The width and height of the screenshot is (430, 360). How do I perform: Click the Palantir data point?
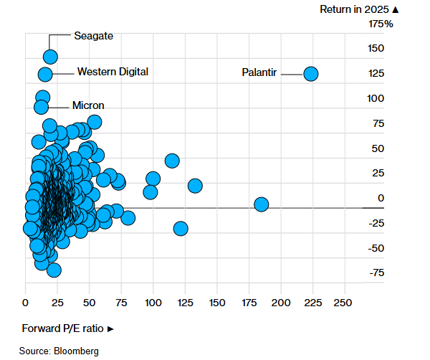coord(311,73)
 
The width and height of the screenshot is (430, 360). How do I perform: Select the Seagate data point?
coord(51,57)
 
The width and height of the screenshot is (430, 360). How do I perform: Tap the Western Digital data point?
coord(45,74)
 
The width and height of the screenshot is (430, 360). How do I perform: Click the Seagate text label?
coord(94,35)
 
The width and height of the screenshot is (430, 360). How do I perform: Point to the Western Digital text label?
coord(113,72)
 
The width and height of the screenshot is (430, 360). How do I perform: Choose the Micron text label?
coord(88,105)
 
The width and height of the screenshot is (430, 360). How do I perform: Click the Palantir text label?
coord(260,72)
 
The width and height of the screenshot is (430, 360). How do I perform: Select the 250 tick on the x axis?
coord(344,302)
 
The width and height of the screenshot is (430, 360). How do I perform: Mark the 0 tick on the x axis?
coord(26,302)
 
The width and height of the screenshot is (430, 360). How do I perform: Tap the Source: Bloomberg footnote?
coord(59,351)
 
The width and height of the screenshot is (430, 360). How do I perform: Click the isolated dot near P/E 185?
coord(262,204)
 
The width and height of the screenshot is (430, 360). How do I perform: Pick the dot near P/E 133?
coord(195,186)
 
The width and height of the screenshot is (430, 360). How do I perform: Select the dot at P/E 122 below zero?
coord(181,229)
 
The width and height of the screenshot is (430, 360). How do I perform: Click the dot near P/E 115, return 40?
coord(172,161)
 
